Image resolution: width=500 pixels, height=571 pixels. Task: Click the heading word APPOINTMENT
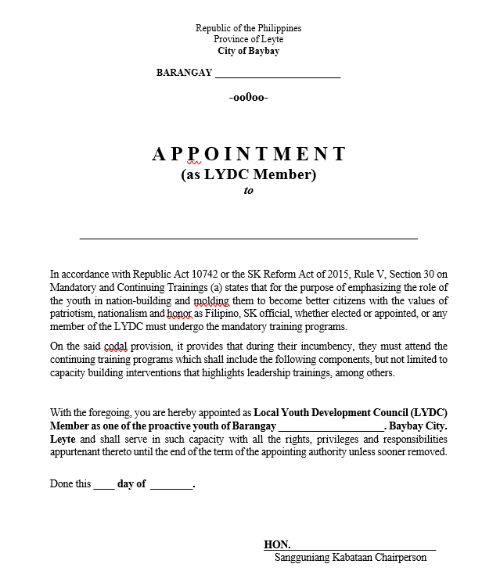pos(249,153)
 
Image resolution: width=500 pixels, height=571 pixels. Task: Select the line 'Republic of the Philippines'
pos(248,28)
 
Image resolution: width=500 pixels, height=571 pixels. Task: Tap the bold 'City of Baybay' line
pos(248,52)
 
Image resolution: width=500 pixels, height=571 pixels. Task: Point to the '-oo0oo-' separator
pos(249,98)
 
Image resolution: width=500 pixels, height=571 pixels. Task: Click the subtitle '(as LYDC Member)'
pos(249,174)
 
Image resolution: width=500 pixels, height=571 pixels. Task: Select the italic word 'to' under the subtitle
pos(249,190)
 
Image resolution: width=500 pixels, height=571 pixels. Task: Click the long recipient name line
pos(249,236)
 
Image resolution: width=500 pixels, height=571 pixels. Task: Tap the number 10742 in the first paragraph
pos(198,274)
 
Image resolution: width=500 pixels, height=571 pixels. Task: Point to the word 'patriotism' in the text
pos(72,313)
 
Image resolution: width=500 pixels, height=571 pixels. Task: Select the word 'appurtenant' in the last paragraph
pos(76,452)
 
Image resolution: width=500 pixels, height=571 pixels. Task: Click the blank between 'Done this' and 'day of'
pos(104,485)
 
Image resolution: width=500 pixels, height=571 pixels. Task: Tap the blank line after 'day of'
pos(171,485)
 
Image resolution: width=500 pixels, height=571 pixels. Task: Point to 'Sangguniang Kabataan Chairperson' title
pos(350,558)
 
